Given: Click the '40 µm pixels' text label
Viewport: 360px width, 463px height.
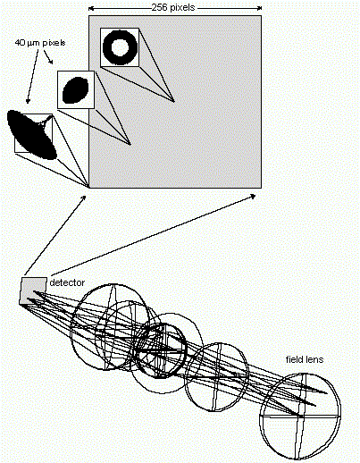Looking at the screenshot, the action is (40, 43).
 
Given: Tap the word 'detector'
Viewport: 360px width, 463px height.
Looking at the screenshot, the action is (67, 282).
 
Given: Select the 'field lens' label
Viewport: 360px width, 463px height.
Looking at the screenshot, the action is (305, 359).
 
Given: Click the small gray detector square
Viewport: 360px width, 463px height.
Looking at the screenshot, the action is (33, 291).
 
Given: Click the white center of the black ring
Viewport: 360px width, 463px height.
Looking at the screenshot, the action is (120, 47).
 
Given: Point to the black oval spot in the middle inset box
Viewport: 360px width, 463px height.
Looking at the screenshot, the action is (76, 90).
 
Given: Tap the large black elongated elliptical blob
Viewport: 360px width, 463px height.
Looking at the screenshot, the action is (31, 134).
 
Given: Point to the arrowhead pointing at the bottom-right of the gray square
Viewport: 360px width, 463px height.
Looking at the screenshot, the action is (253, 196).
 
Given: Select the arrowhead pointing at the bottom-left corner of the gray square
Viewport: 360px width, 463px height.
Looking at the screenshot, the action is (84, 198).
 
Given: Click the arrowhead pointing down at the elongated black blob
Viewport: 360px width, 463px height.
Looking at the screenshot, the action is (28, 101).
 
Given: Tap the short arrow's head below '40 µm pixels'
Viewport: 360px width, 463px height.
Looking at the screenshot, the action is (51, 62).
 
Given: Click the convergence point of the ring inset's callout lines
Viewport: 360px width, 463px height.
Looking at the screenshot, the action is (174, 102).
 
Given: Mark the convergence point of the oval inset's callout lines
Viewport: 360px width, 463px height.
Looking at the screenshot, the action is (130, 145).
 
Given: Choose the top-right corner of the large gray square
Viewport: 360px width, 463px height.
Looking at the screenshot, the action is (261, 16).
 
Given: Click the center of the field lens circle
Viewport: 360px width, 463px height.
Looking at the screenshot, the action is (300, 417).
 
